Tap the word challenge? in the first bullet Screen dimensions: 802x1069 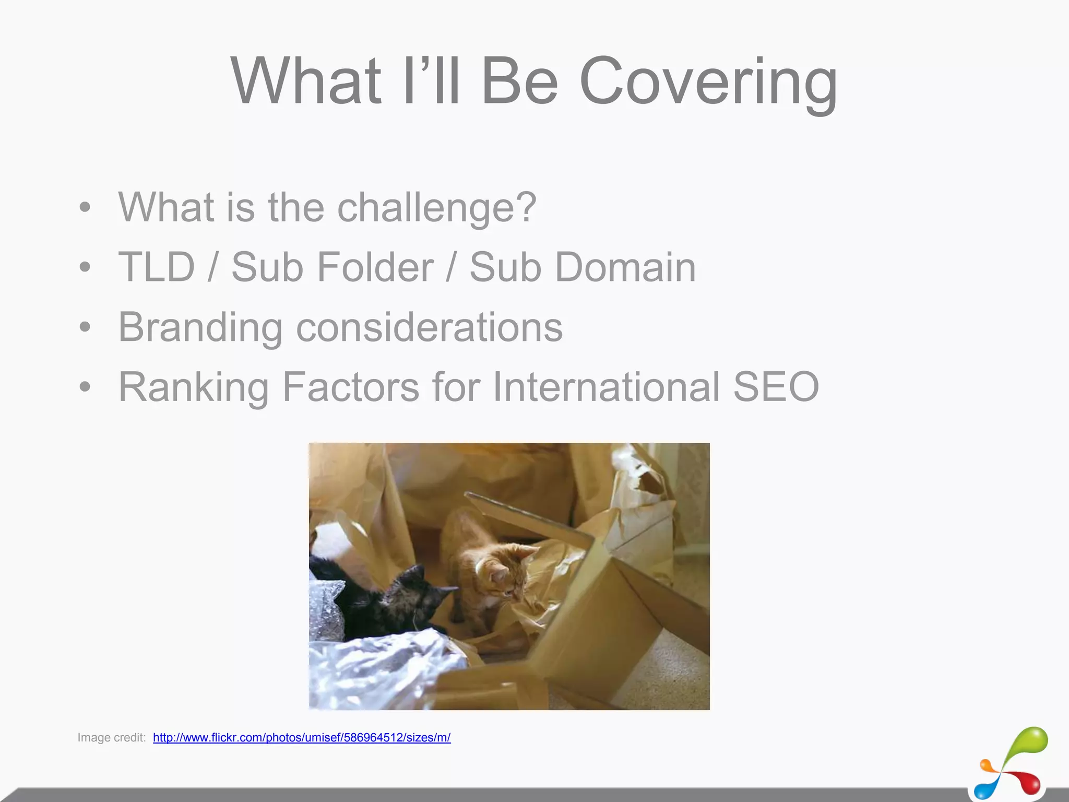coord(437,207)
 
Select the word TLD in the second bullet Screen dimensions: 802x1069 coord(157,267)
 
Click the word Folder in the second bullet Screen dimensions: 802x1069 coord(375,267)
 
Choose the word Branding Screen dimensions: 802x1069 coord(200,328)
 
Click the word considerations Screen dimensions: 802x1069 coord(429,327)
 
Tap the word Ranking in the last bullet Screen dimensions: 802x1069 coord(194,387)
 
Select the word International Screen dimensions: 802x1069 coord(606,386)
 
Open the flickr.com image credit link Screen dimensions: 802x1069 coord(302,737)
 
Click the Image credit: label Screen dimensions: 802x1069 coord(111,737)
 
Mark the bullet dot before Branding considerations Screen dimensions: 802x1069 coord(85,328)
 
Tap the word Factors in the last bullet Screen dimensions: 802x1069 coord(350,386)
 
